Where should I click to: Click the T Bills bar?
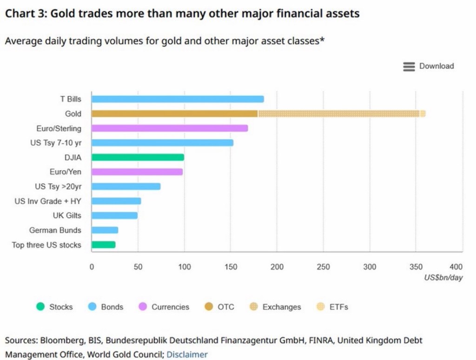[178, 99]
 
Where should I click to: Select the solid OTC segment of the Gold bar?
[174, 113]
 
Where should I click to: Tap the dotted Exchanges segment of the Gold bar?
[338, 113]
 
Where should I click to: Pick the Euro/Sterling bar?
[170, 128]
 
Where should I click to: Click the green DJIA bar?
[138, 157]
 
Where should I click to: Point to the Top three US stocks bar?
[103, 245]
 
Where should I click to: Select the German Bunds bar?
[105, 230]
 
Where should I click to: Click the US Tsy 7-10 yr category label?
[55, 143]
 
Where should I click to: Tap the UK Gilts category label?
[67, 215]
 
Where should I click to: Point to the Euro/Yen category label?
[65, 172]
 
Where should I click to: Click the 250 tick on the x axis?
[323, 267]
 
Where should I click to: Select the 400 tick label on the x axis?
[456, 267]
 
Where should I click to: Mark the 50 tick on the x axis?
[138, 267]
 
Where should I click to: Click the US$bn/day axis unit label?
[443, 278]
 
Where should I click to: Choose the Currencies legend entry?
[170, 307]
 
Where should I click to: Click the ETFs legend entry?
[338, 307]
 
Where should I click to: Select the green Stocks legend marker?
[40, 307]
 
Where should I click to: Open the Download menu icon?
[409, 67]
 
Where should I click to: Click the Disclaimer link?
[187, 354]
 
